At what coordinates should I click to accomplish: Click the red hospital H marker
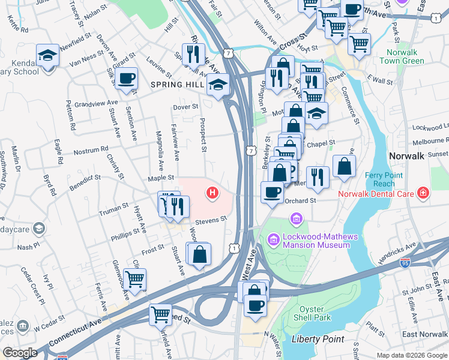(212, 193)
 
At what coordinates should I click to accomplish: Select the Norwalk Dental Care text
(376, 194)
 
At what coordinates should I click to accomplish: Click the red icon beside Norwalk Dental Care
(423, 193)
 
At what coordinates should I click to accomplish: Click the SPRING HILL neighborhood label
(178, 85)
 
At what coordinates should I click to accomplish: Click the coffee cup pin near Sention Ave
(127, 79)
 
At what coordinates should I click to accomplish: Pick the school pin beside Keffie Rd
(47, 55)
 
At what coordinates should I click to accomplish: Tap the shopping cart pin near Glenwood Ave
(134, 279)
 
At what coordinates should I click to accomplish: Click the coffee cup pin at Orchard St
(272, 192)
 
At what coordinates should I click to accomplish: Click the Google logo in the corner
(20, 353)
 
